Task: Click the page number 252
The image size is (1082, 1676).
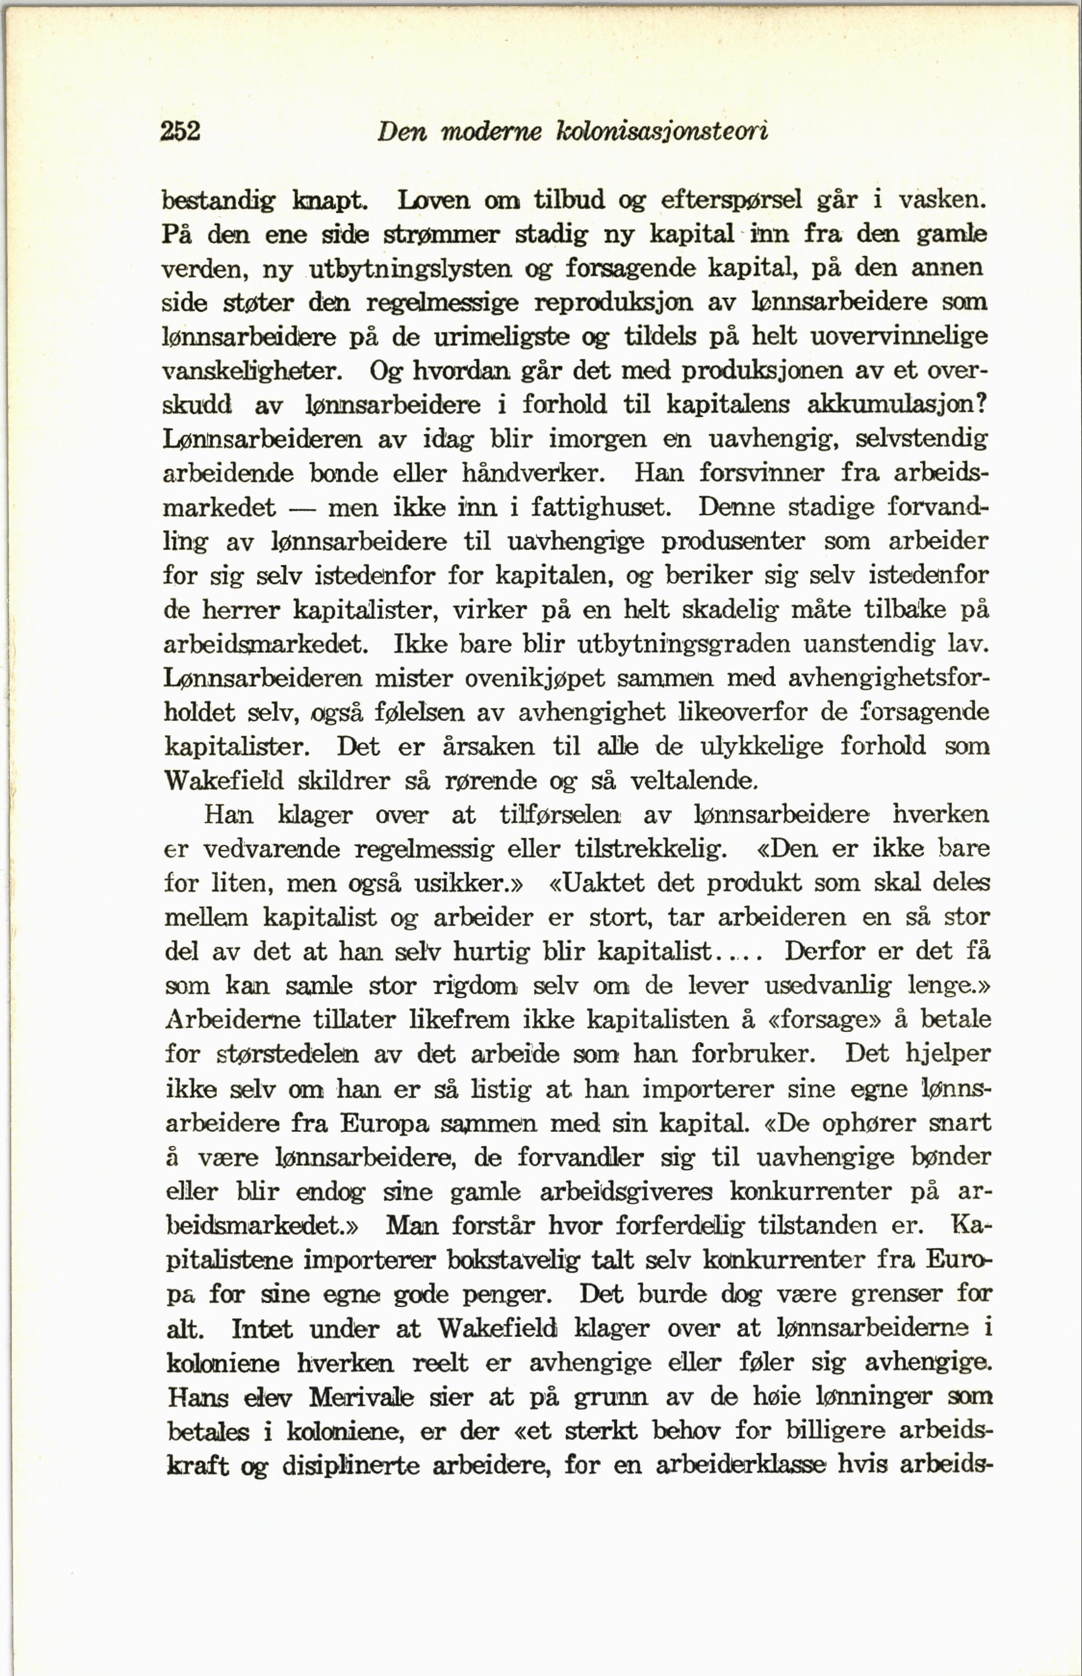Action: tap(180, 131)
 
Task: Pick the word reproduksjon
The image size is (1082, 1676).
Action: tap(613, 303)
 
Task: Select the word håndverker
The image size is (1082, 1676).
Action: tap(532, 473)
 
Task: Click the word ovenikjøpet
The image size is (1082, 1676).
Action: tap(535, 678)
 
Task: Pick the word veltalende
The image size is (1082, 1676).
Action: tap(693, 780)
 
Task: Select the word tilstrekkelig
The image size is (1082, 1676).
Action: tap(650, 849)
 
